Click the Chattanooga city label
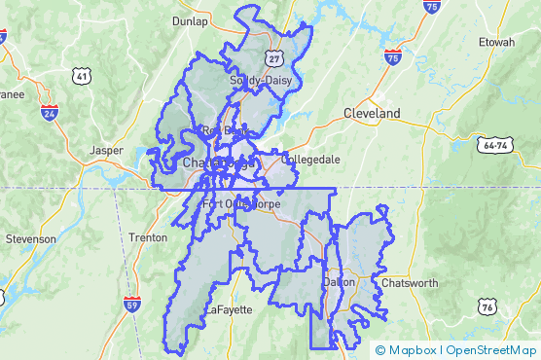pyautogui.click(x=219, y=162)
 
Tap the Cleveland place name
pyautogui.click(x=372, y=114)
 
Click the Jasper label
pyautogui.click(x=107, y=151)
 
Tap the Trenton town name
pyautogui.click(x=149, y=237)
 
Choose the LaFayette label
pyautogui.click(x=229, y=309)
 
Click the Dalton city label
pyautogui.click(x=340, y=281)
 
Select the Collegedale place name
pyautogui.click(x=310, y=159)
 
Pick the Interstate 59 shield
pyautogui.click(x=130, y=305)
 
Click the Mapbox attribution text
pyautogui.click(x=411, y=350)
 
